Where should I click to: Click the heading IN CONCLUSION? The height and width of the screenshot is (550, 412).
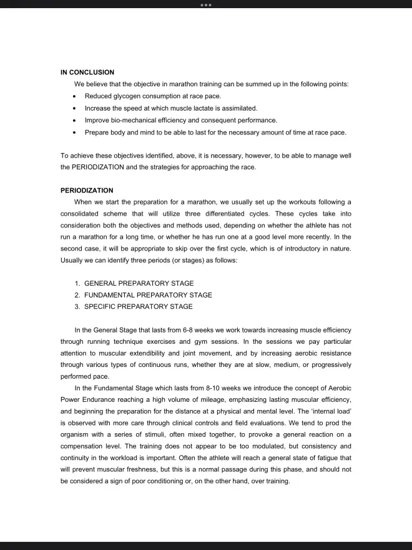(87, 72)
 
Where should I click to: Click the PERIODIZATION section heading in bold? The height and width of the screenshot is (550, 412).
(87, 189)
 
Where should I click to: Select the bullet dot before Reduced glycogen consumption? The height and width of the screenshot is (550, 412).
(75, 96)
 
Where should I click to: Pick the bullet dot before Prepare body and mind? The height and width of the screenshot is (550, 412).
(75, 132)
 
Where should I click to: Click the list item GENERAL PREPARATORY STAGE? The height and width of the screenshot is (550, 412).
(139, 283)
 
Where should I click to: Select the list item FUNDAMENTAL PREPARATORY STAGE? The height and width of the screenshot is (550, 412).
(148, 295)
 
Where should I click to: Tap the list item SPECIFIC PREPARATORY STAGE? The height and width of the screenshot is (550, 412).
(138, 307)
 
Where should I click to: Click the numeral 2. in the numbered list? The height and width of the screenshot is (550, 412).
(77, 295)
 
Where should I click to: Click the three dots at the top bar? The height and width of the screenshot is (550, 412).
(206, 4)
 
